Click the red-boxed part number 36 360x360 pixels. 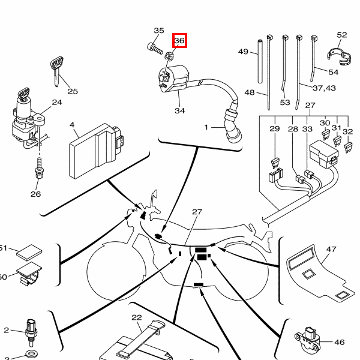click(179, 41)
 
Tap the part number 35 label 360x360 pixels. click(158, 31)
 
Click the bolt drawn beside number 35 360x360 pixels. click(154, 46)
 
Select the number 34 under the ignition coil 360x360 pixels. click(180, 110)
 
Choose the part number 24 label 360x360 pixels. click(56, 102)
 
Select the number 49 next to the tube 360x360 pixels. click(243, 52)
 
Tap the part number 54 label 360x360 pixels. click(333, 72)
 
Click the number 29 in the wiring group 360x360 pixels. click(274, 129)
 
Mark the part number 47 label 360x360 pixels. click(331, 248)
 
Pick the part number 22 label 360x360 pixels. click(137, 317)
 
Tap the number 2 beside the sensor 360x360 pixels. click(7, 330)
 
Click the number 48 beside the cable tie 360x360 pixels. click(250, 93)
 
